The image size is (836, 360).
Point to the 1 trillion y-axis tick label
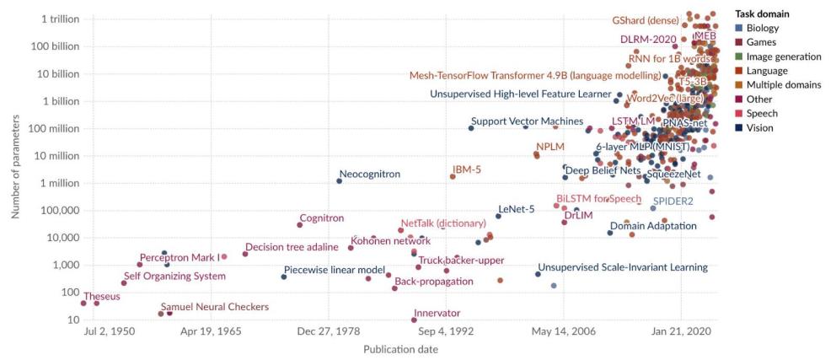click(52, 19)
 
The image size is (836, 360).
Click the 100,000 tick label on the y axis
click(52, 211)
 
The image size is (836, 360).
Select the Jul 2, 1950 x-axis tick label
click(110, 332)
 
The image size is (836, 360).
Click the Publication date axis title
click(400, 350)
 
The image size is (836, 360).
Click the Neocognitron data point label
click(369, 175)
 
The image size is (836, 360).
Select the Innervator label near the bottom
click(437, 313)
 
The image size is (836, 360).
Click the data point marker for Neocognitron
click(340, 180)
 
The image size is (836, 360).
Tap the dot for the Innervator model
click(414, 320)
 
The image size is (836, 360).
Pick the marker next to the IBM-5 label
click(452, 176)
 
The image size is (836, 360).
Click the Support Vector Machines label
click(527, 121)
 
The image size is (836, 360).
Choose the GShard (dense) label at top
click(648, 21)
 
